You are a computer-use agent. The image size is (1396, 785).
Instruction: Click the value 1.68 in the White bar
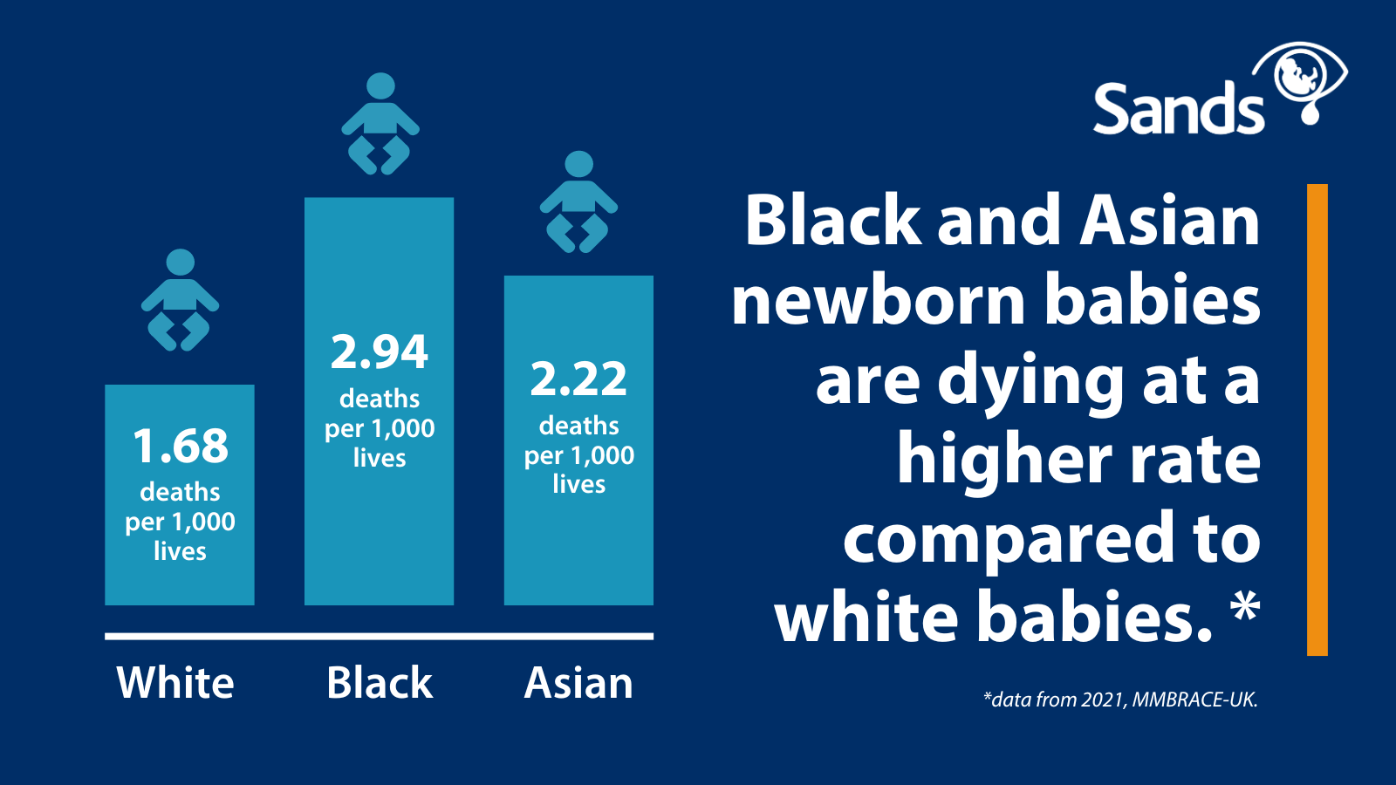[181, 446]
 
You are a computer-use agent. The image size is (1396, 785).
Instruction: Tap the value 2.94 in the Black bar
[380, 352]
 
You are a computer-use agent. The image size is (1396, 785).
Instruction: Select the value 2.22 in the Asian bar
[578, 379]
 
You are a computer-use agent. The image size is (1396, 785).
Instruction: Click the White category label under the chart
[175, 683]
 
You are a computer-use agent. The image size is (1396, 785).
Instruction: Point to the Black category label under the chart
[380, 683]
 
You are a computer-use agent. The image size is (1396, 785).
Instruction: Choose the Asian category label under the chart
[578, 683]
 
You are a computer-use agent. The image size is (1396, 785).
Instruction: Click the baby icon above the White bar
[180, 300]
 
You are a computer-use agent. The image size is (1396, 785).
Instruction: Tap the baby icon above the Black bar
[380, 123]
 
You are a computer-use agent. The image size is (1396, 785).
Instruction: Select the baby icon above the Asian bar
[579, 201]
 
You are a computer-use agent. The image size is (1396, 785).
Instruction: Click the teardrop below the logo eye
[1310, 113]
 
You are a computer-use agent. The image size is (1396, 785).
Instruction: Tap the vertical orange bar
[1317, 420]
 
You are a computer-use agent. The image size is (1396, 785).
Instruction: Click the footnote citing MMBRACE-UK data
[1120, 700]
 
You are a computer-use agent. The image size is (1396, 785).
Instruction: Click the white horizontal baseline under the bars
[379, 636]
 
